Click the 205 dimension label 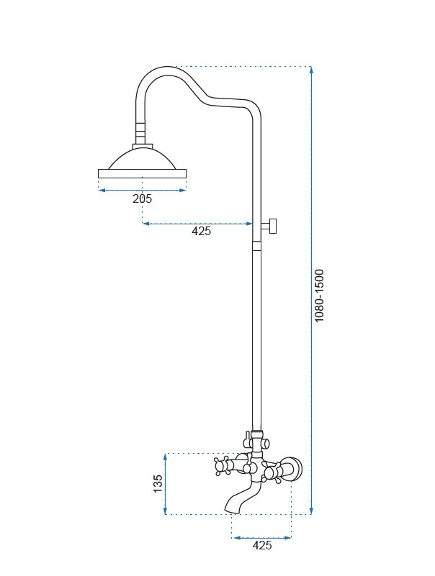click(142, 198)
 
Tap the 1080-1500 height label click(319, 296)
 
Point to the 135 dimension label click(158, 484)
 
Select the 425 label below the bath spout click(262, 545)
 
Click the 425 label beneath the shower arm click(202, 231)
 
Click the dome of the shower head click(142, 159)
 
